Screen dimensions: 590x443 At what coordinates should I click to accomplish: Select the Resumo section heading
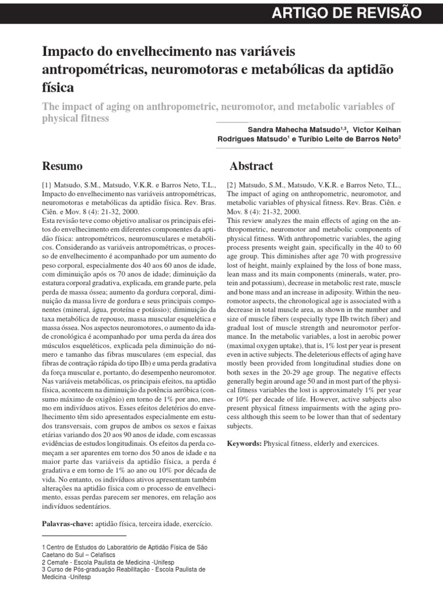point(63,167)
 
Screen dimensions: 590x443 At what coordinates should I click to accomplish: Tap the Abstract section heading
point(251,167)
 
